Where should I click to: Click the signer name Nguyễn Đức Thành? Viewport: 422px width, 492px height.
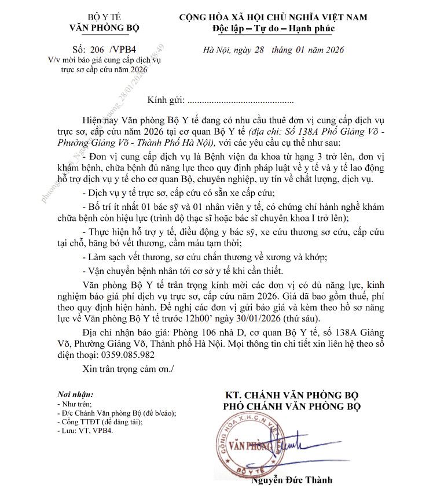(x=292, y=480)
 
